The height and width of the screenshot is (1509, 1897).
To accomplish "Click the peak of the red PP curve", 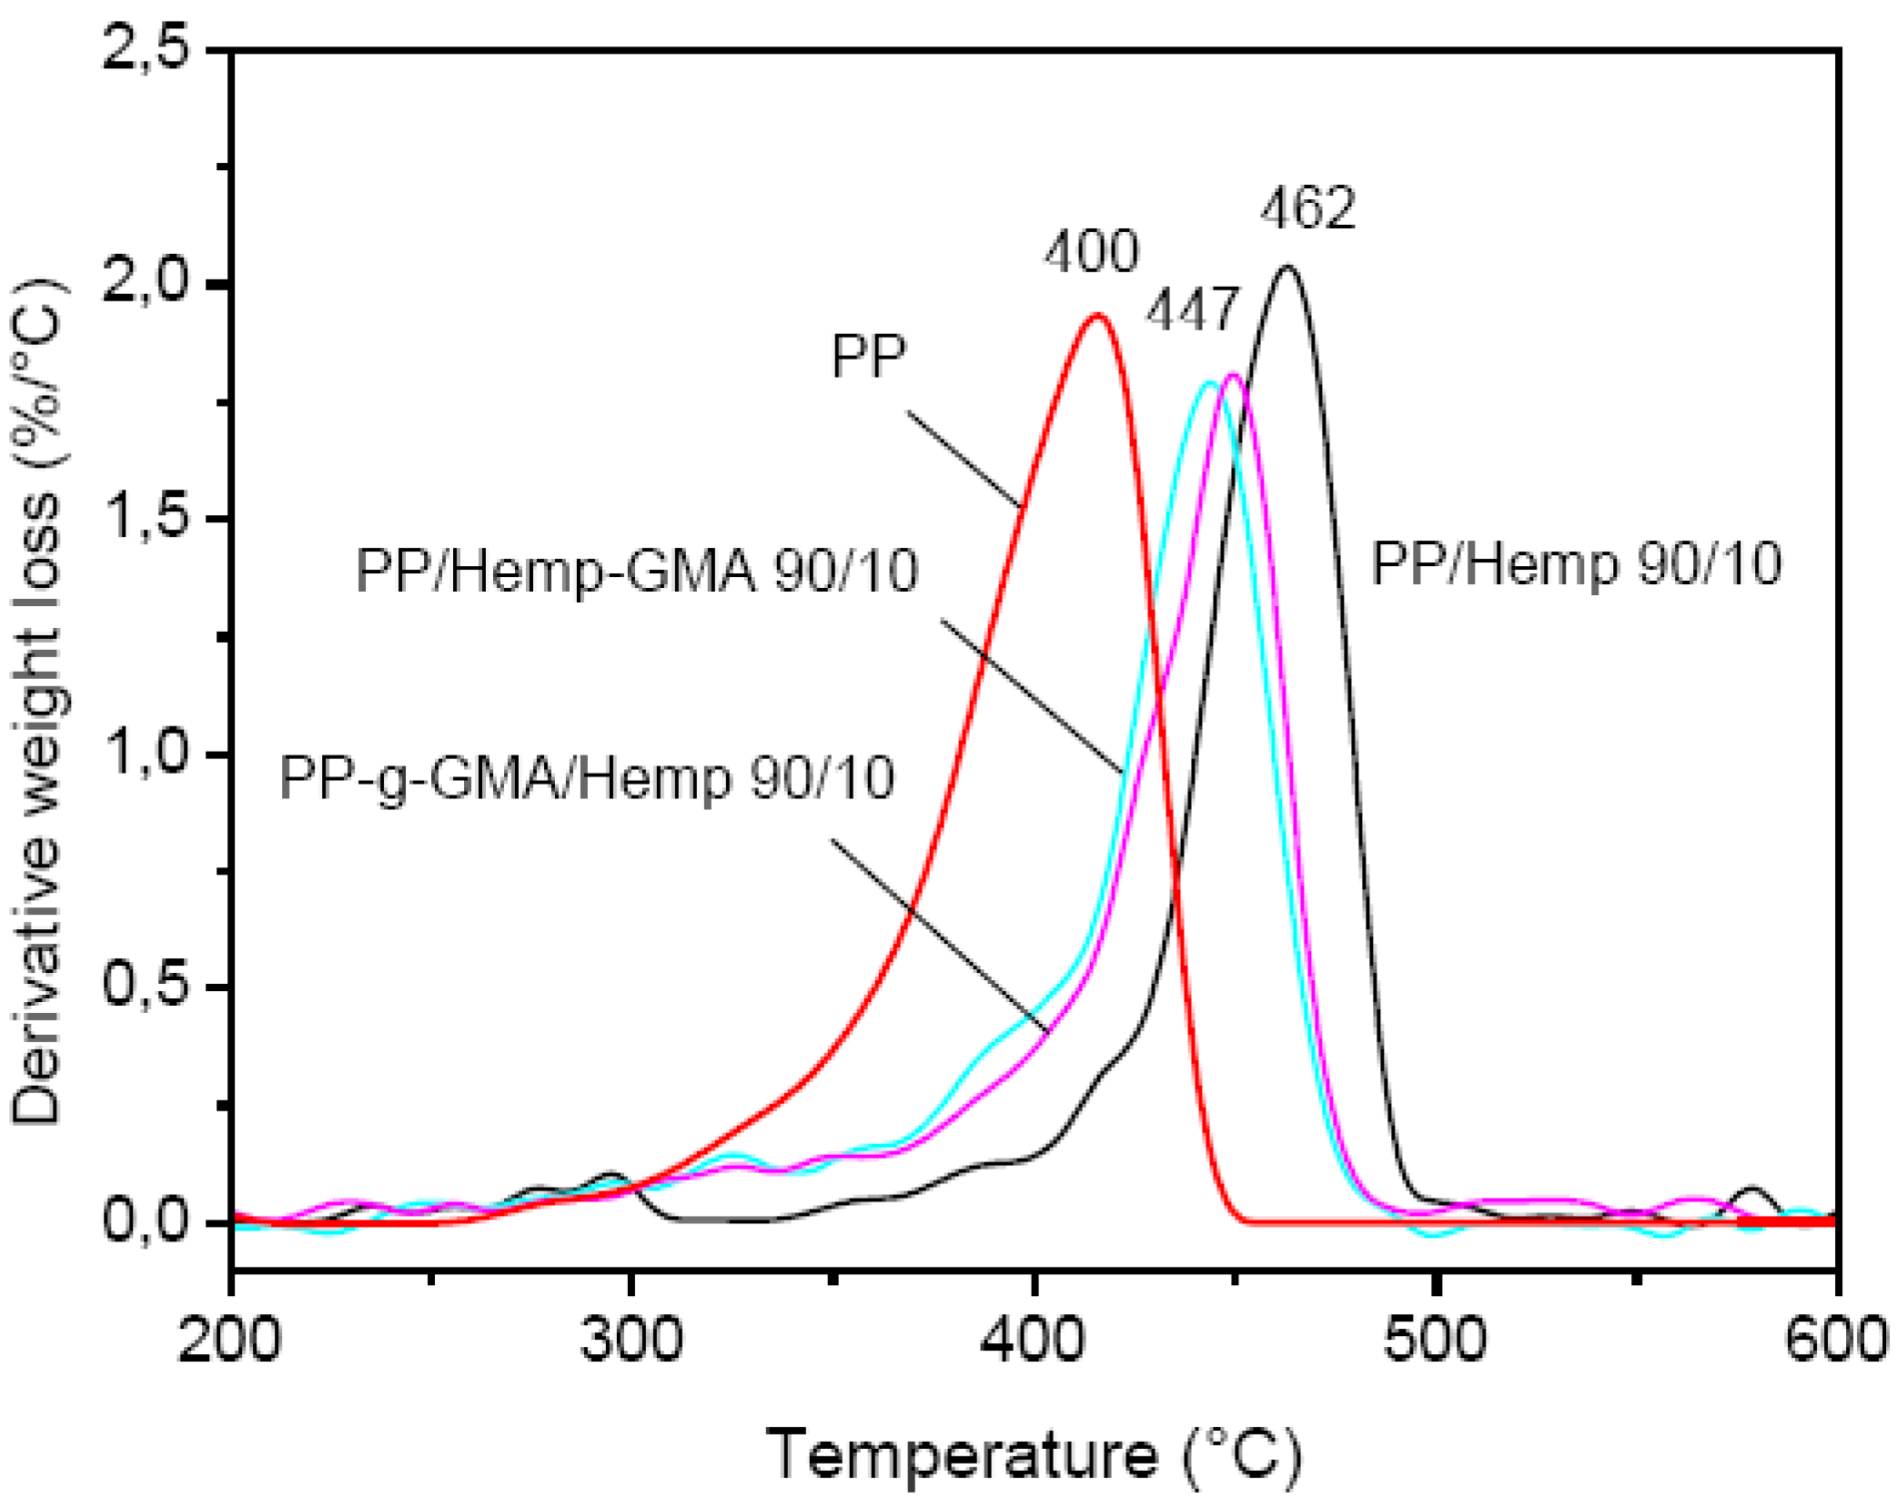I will point(1097,316).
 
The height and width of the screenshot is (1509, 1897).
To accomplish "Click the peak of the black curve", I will point(1287,268).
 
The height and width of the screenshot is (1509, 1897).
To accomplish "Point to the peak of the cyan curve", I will point(1209,383).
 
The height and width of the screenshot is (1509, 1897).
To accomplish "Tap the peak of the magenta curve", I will point(1234,375).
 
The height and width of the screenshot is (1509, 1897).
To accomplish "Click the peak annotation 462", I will point(1307,208).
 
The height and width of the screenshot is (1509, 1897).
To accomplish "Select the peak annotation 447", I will point(1192,310).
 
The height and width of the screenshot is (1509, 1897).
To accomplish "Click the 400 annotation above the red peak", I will point(1091,252).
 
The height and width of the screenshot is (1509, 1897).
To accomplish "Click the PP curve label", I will point(868,356).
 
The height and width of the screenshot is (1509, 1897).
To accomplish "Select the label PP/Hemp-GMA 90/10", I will point(637,572).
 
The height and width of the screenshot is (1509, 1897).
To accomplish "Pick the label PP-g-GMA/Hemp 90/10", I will point(587,778).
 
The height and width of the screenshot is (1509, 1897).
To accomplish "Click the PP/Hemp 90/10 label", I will point(1576,563).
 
